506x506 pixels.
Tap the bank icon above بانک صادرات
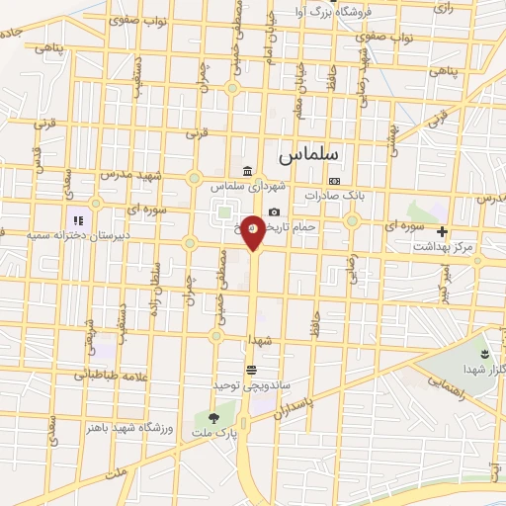pos(335,182)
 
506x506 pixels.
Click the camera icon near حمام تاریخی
pos(274,211)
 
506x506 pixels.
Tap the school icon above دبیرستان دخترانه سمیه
pos(76,220)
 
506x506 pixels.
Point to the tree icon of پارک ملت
pos(213,419)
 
